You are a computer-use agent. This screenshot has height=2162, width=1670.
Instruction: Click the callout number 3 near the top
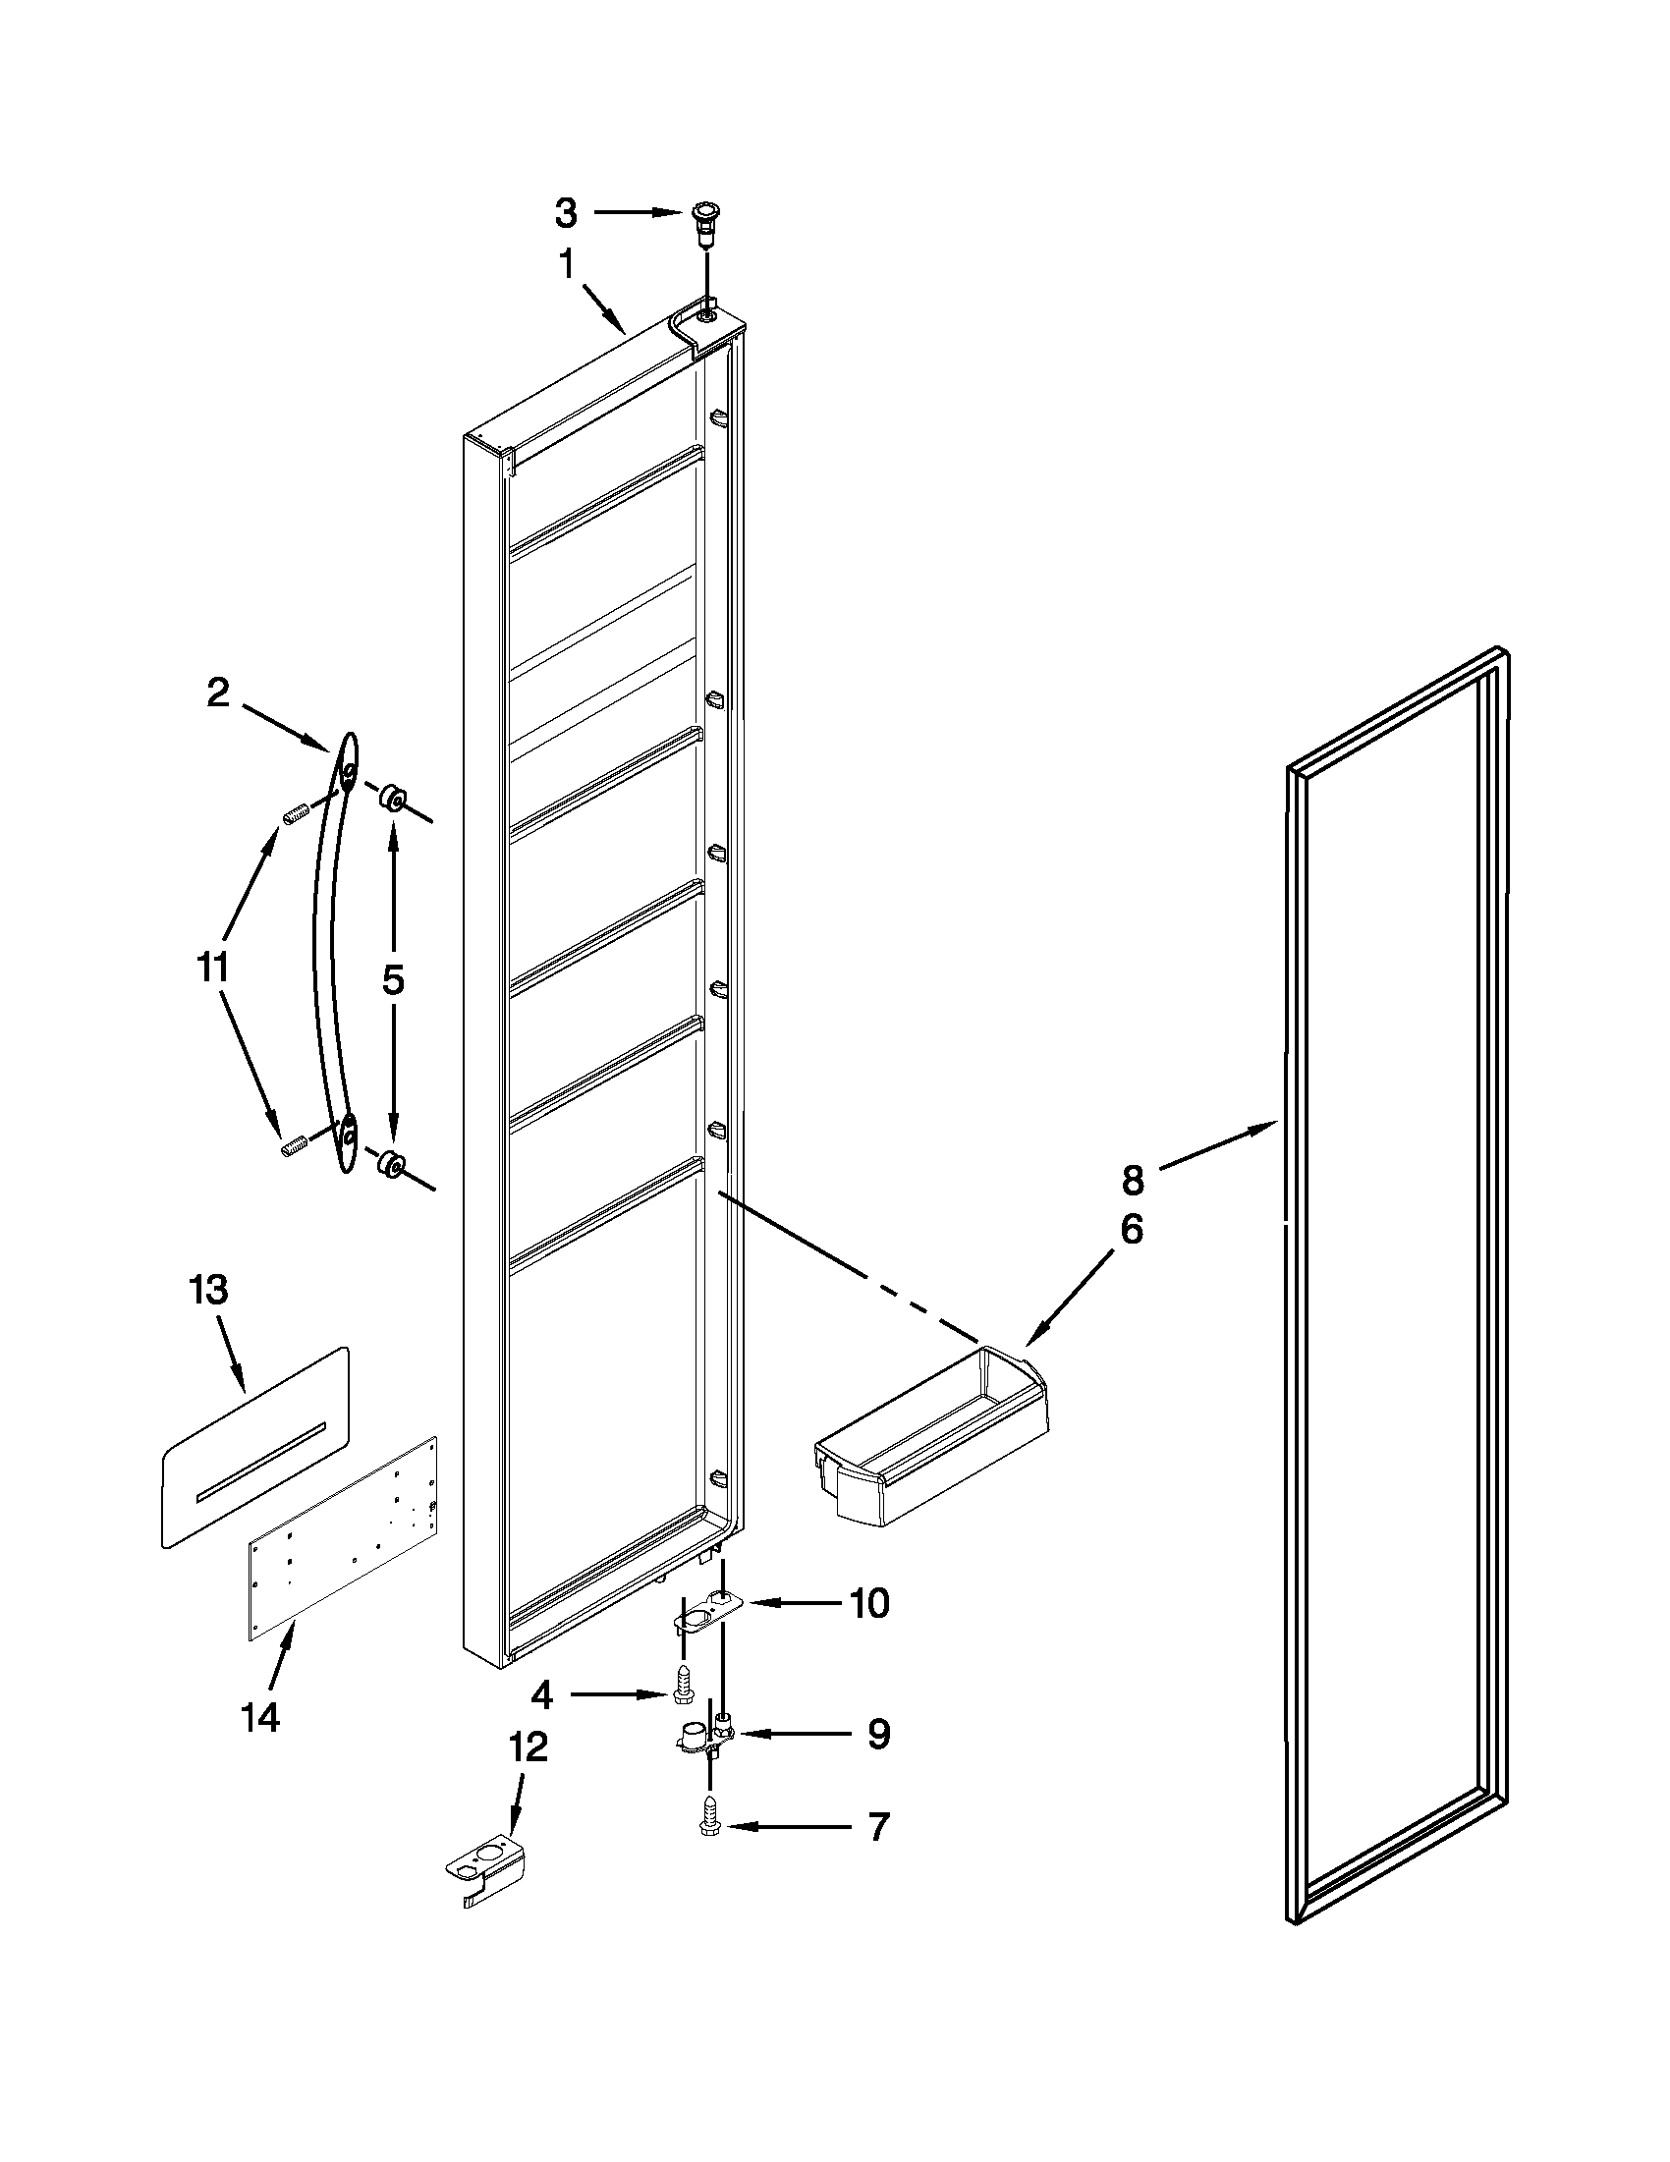565,212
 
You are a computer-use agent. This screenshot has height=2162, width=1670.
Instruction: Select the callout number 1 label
566,264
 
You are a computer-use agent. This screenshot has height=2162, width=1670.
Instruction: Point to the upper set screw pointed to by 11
295,814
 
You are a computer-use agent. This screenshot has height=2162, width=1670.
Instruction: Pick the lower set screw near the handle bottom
293,1146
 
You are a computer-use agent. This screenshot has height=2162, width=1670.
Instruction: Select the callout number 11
212,967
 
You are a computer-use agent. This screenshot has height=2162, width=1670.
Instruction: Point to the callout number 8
1133,1180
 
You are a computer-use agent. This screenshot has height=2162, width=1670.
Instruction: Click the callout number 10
869,1603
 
